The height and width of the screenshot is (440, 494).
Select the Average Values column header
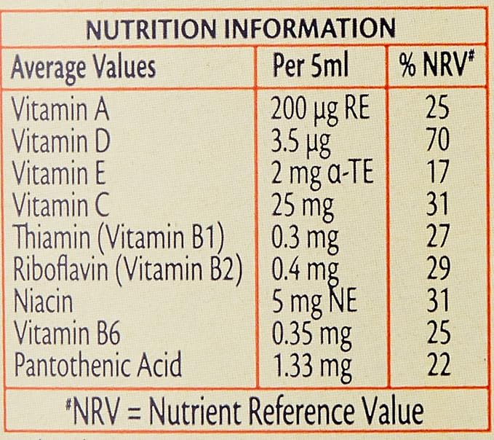(83, 67)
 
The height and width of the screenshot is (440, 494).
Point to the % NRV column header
(437, 67)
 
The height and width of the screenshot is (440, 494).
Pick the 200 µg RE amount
(321, 111)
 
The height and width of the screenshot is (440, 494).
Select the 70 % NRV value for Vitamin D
(438, 138)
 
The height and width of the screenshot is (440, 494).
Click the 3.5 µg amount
(299, 138)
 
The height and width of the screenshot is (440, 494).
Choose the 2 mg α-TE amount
(322, 165)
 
